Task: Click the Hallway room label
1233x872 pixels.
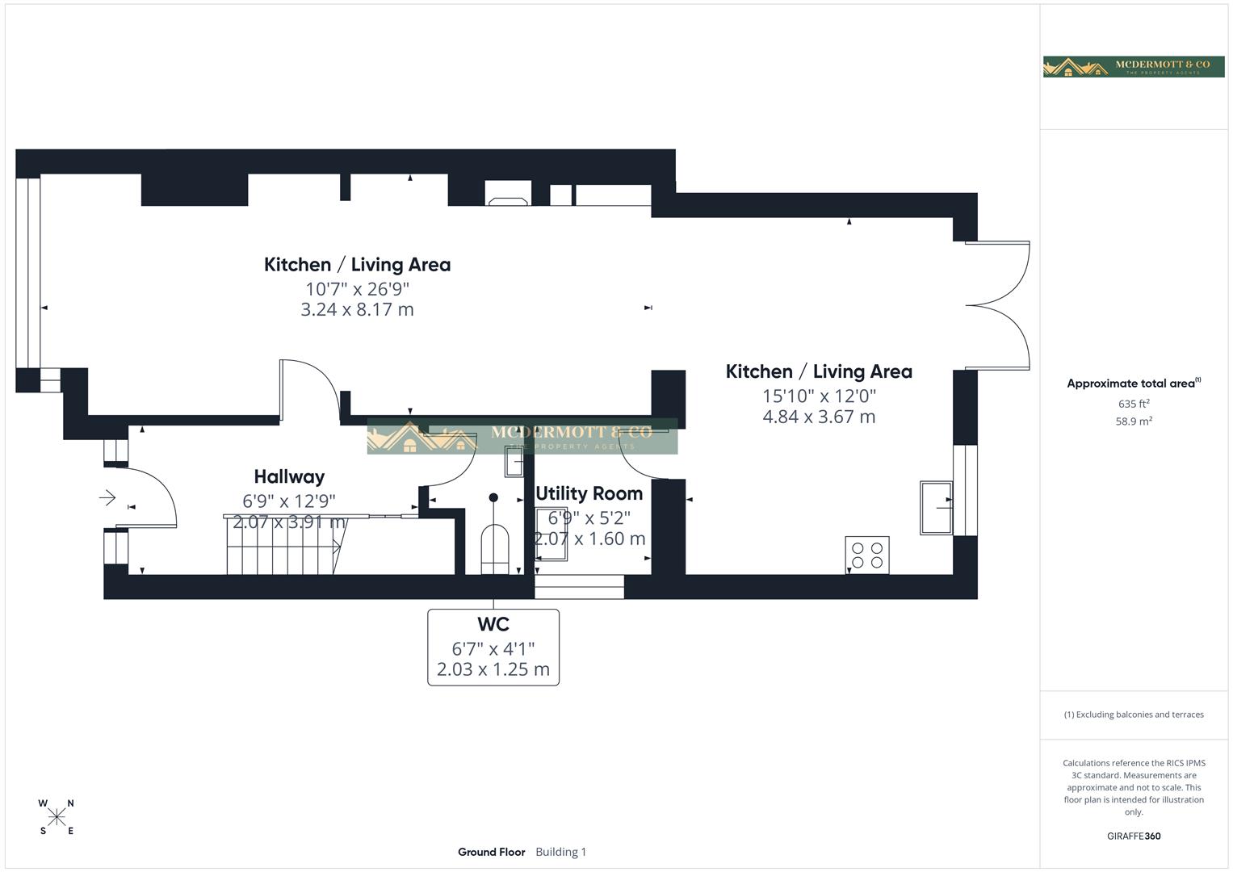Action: click(289, 477)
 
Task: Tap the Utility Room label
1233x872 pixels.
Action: click(589, 493)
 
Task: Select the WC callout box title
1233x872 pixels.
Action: click(493, 624)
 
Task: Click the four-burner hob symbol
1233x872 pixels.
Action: click(867, 555)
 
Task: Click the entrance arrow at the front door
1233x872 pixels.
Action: click(107, 497)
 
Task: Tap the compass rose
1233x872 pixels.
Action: click(57, 817)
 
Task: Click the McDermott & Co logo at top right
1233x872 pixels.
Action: click(1133, 67)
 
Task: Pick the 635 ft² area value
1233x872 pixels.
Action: click(1134, 404)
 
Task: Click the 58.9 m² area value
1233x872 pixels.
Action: click(1134, 421)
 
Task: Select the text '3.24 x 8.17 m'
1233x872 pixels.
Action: click(357, 310)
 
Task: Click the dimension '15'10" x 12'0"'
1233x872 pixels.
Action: click(819, 396)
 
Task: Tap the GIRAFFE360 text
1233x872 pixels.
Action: click(1134, 836)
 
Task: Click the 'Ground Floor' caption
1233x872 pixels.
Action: click(491, 852)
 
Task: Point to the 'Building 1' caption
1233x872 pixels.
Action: click(560, 852)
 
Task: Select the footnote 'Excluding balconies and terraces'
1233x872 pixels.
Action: click(1134, 715)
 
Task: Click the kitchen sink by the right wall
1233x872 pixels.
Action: click(936, 507)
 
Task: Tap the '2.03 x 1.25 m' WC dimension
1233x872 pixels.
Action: click(493, 669)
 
